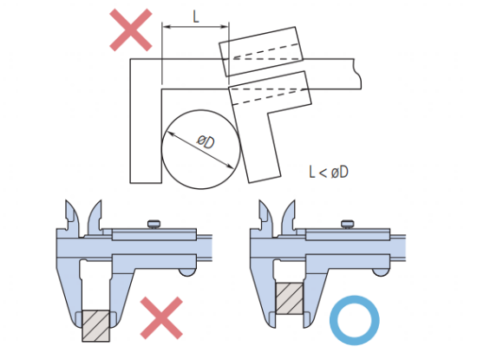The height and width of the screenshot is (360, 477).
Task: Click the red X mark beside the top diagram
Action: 130,29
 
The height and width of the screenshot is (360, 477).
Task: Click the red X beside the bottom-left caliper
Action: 161,318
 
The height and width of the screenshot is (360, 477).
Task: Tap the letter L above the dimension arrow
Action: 196,16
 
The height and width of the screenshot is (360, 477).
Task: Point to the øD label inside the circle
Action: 206,141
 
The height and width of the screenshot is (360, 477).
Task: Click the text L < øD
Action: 329,172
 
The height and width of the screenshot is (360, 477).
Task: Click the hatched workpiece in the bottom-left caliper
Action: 95,325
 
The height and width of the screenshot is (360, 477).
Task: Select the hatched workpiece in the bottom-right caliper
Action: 290,298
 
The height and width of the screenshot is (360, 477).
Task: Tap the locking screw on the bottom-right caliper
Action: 349,224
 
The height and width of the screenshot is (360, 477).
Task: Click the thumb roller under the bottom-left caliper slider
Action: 187,272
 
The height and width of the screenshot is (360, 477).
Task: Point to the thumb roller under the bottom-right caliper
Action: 381,272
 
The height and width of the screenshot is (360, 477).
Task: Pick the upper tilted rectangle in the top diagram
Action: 261,51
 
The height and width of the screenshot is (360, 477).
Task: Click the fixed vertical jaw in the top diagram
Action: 146,121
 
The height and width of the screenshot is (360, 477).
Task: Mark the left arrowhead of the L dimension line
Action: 167,27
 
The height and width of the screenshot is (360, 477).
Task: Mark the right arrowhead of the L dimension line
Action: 225,27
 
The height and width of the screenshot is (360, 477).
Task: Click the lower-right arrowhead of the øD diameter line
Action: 231,166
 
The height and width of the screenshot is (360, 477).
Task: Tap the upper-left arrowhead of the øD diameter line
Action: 171,134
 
